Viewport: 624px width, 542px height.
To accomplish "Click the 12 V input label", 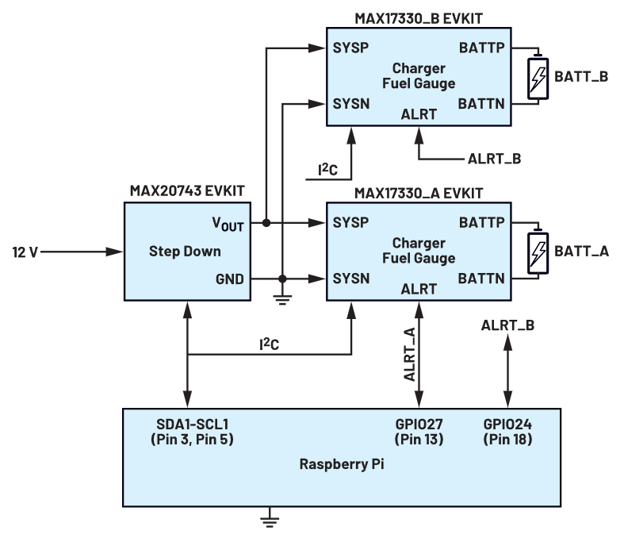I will click(25, 252).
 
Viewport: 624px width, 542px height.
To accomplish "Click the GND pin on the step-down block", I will click(230, 279).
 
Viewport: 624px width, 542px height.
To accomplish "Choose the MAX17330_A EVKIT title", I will click(418, 192).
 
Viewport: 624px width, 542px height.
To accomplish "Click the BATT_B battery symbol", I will click(538, 77).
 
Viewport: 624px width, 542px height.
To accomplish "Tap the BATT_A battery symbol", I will click(538, 252).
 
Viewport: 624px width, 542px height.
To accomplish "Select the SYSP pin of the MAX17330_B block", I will click(351, 47).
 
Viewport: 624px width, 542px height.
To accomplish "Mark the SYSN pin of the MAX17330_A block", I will click(351, 279).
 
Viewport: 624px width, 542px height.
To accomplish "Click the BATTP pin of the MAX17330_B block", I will click(482, 47).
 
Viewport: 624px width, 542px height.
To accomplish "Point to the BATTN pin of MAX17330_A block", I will click(482, 279).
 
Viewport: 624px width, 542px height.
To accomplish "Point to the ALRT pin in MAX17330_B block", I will click(419, 114).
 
